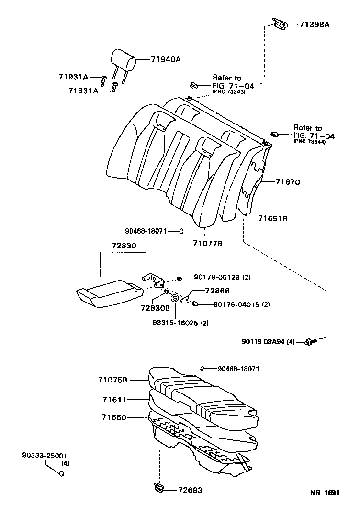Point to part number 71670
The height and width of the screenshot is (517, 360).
(287, 182)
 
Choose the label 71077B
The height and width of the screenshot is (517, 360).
(208, 243)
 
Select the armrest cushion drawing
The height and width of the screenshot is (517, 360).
(109, 293)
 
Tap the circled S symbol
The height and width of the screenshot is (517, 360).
(175, 298)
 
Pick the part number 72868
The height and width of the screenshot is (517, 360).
(217, 291)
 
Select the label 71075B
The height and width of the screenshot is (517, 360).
(113, 380)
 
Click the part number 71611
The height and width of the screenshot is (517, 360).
(114, 399)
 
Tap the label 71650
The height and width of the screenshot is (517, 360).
(114, 417)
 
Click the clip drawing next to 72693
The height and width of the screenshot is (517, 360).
(159, 488)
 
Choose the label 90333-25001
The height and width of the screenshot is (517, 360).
(44, 456)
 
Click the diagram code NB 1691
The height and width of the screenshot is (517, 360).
(324, 493)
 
